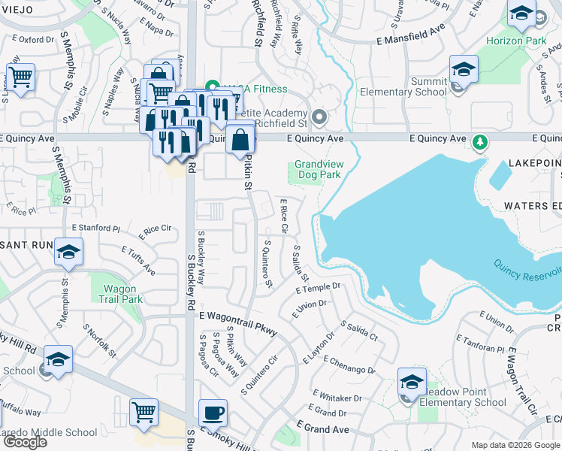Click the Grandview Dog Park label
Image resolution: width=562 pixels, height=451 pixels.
click(x=317, y=169)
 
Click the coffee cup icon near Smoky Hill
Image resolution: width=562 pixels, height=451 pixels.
click(x=213, y=412)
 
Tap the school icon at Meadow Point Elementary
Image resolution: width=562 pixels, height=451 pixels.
click(x=411, y=382)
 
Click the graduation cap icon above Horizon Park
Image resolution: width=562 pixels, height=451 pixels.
click(x=521, y=13)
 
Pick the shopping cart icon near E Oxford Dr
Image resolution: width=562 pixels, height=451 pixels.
click(x=21, y=77)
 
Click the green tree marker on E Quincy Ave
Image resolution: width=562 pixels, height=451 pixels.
click(x=479, y=141)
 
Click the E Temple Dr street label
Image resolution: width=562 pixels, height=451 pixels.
click(x=318, y=288)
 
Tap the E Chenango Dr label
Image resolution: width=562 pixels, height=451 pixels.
click(x=349, y=365)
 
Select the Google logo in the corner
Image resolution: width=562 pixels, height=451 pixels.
click(x=25, y=442)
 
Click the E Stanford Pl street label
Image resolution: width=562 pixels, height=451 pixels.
click(x=95, y=227)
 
